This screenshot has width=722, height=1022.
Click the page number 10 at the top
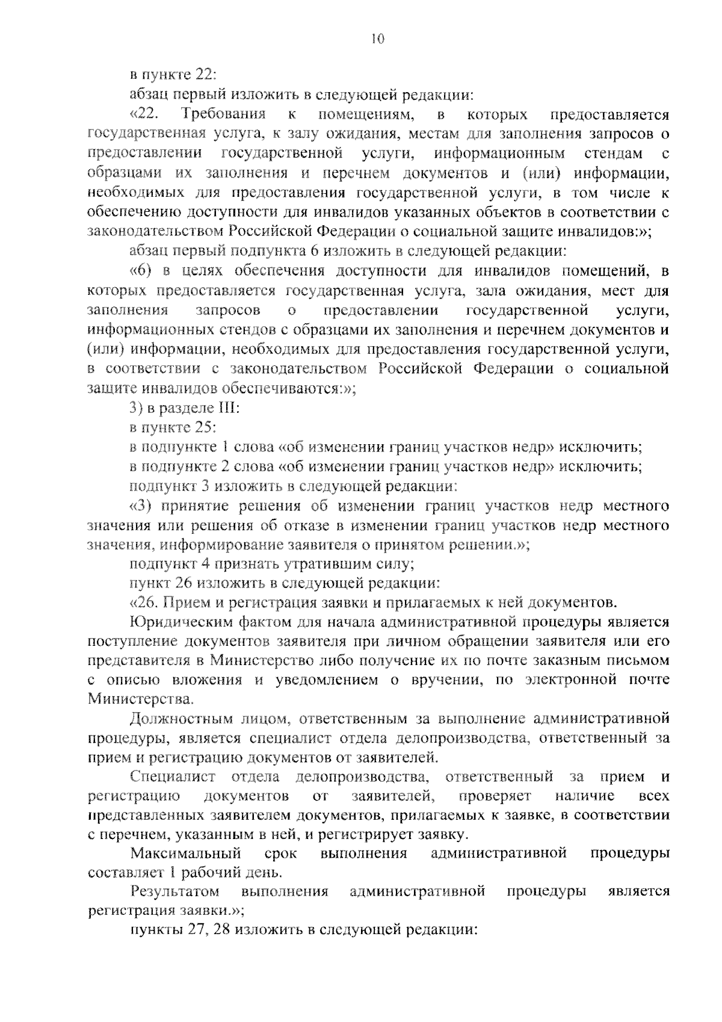coord(377,39)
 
